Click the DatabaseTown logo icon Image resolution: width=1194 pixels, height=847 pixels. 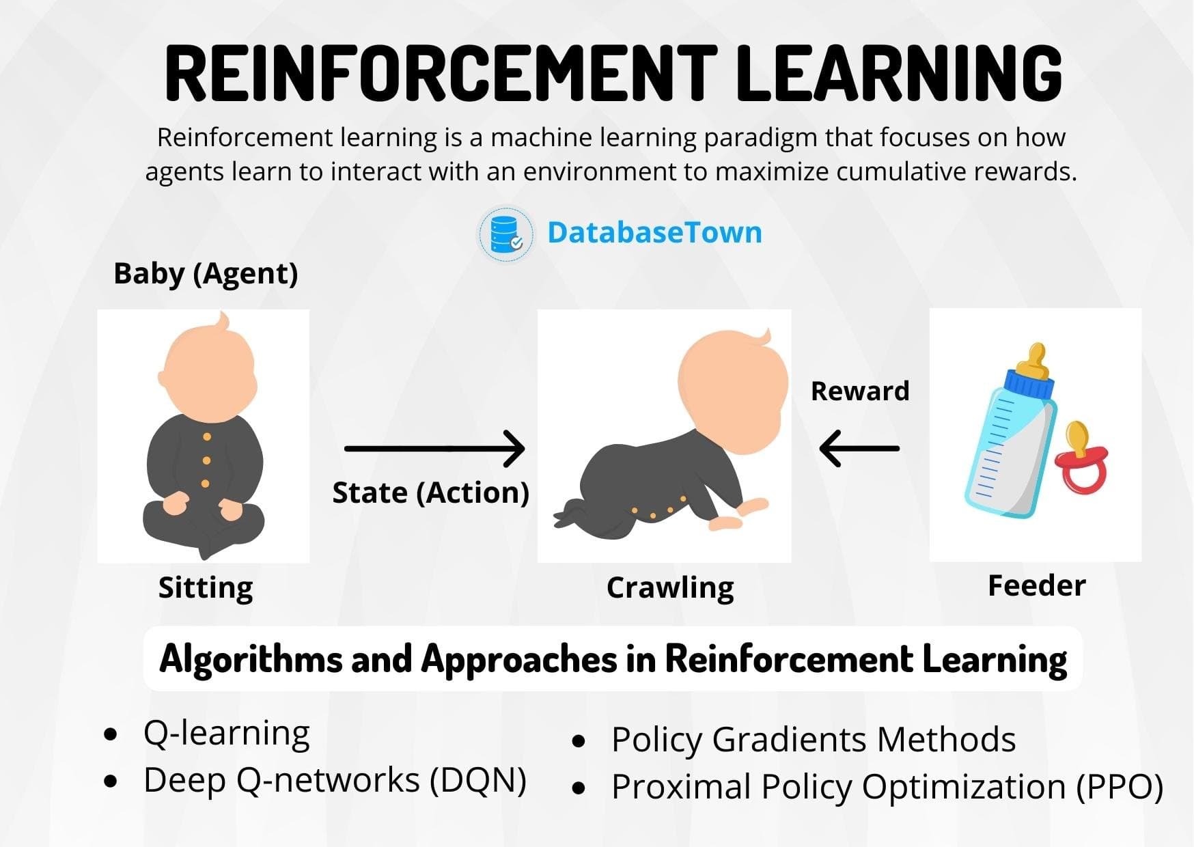click(x=505, y=234)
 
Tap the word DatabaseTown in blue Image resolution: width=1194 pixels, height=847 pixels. click(x=654, y=233)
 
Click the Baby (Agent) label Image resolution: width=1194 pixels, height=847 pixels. click(x=206, y=274)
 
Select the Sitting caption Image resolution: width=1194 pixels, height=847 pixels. click(x=206, y=587)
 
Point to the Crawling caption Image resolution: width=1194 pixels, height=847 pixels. click(x=670, y=587)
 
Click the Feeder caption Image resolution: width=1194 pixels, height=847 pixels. click(x=1036, y=585)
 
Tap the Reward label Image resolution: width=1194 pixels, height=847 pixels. click(x=860, y=391)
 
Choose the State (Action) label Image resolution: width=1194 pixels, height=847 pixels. click(x=430, y=492)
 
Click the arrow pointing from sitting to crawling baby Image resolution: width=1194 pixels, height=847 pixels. click(x=434, y=448)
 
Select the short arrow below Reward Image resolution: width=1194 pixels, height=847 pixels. click(x=859, y=449)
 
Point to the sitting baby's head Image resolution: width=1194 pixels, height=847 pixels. click(x=207, y=370)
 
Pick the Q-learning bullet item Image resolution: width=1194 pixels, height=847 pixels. click(x=226, y=734)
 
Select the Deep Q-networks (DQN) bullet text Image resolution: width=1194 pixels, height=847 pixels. click(x=335, y=780)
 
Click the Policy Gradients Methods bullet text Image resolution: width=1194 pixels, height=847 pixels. click(x=813, y=740)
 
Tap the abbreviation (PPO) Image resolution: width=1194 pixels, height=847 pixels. click(x=1120, y=787)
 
